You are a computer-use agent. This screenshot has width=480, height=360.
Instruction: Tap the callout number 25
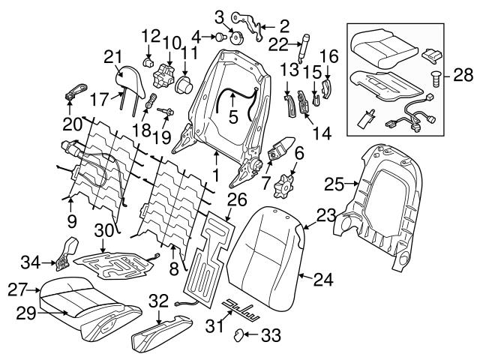click(334, 181)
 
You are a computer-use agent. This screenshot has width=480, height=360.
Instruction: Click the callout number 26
click(236, 199)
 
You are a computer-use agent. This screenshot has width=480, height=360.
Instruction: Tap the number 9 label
click(71, 221)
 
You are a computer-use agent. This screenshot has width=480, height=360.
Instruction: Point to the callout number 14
click(322, 133)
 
